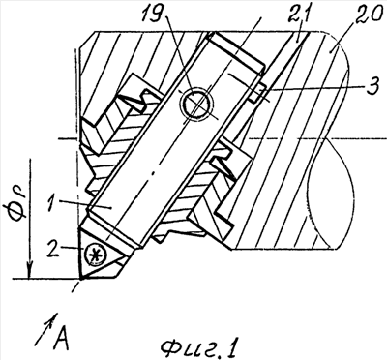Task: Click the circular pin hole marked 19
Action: tap(196, 104)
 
